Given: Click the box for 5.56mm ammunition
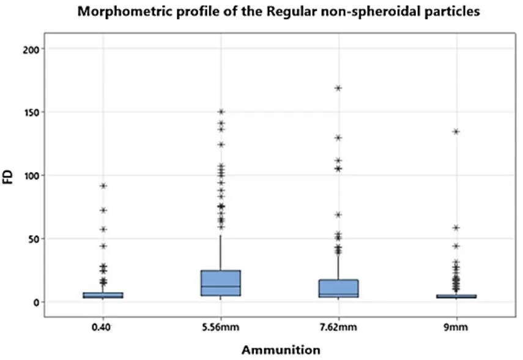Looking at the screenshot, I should pos(221,283).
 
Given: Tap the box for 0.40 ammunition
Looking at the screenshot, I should pos(103,295).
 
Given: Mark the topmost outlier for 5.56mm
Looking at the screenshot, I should pos(221,112).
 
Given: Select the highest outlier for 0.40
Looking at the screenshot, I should pos(103,186).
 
